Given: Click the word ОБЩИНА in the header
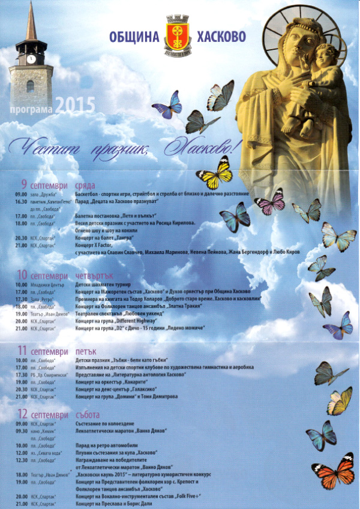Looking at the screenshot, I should (134, 37).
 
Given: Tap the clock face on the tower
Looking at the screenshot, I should (31, 59).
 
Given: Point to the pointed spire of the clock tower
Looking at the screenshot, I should (31, 21).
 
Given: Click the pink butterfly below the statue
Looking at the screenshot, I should (271, 201).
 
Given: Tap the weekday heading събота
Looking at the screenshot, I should (89, 414).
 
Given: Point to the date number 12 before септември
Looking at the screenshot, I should (23, 414).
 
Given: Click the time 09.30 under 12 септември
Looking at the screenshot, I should (22, 431).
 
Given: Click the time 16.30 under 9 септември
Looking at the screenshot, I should (22, 202).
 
